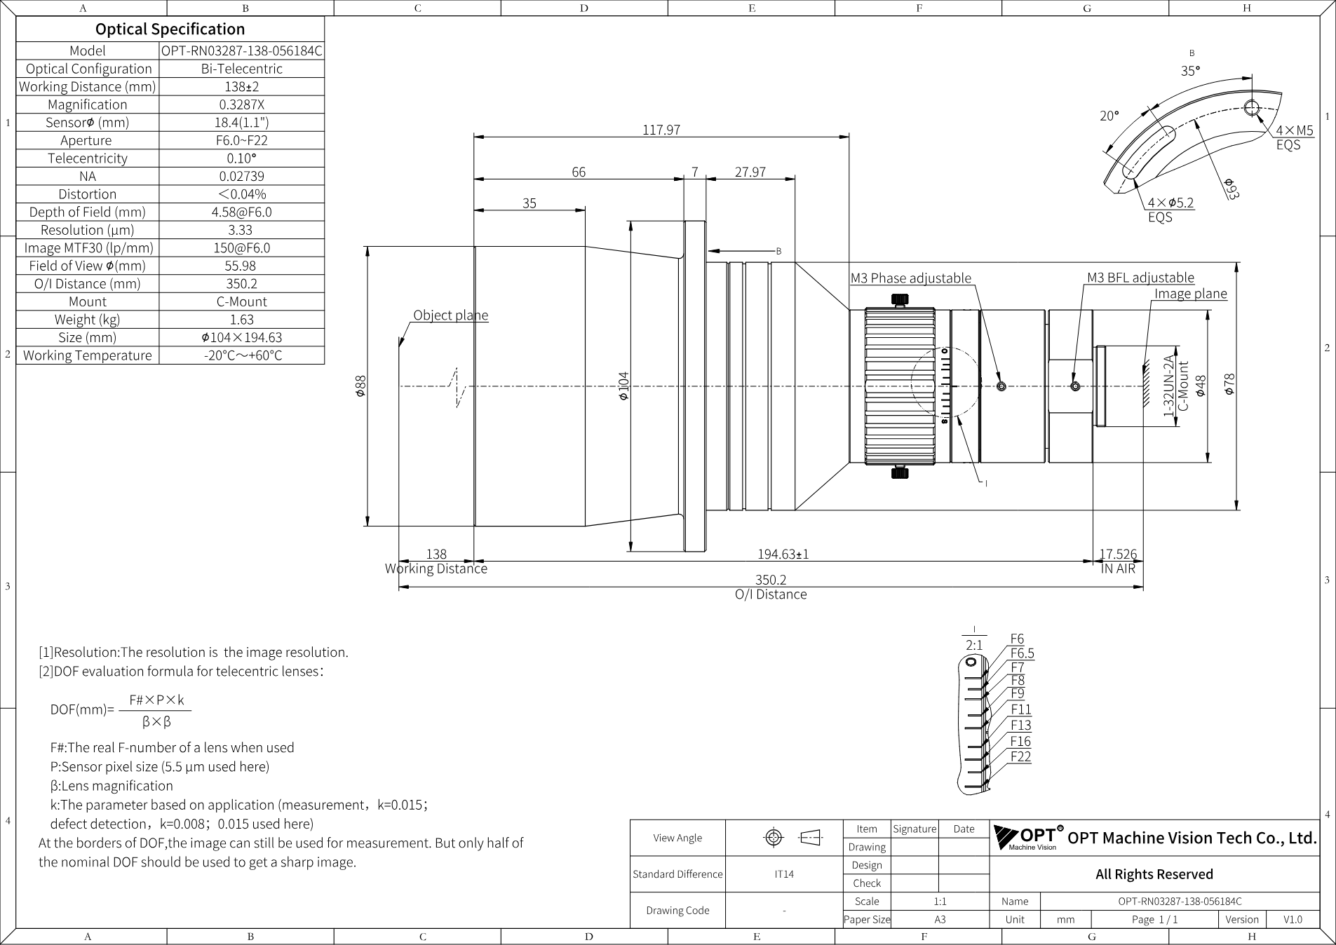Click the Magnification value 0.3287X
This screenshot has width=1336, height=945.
(242, 104)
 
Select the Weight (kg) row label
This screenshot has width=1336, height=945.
(88, 320)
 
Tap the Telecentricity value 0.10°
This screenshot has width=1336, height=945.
(242, 158)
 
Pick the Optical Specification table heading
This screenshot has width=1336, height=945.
(170, 29)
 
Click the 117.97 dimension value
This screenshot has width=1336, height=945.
(661, 130)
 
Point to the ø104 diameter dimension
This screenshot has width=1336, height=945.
(623, 386)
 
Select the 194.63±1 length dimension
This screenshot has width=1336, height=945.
(783, 554)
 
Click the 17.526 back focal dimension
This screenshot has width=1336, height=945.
(1118, 554)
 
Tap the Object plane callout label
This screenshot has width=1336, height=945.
(450, 315)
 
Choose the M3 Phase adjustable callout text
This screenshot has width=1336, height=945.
(911, 278)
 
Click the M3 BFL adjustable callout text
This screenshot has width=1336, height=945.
(1140, 278)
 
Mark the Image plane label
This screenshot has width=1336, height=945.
(1191, 294)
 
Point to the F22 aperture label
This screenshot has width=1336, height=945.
(1020, 756)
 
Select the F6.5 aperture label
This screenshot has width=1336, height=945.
(1022, 653)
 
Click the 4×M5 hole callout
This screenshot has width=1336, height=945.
(1295, 130)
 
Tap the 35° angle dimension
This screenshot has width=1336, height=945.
(1190, 71)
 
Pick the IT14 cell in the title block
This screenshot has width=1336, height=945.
(784, 874)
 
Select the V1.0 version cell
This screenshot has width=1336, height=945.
(1293, 920)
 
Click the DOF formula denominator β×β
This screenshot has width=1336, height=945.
(156, 721)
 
